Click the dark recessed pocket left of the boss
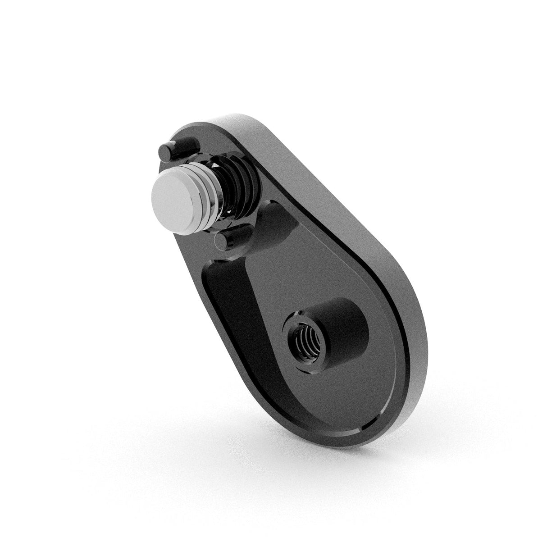click(225, 288)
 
